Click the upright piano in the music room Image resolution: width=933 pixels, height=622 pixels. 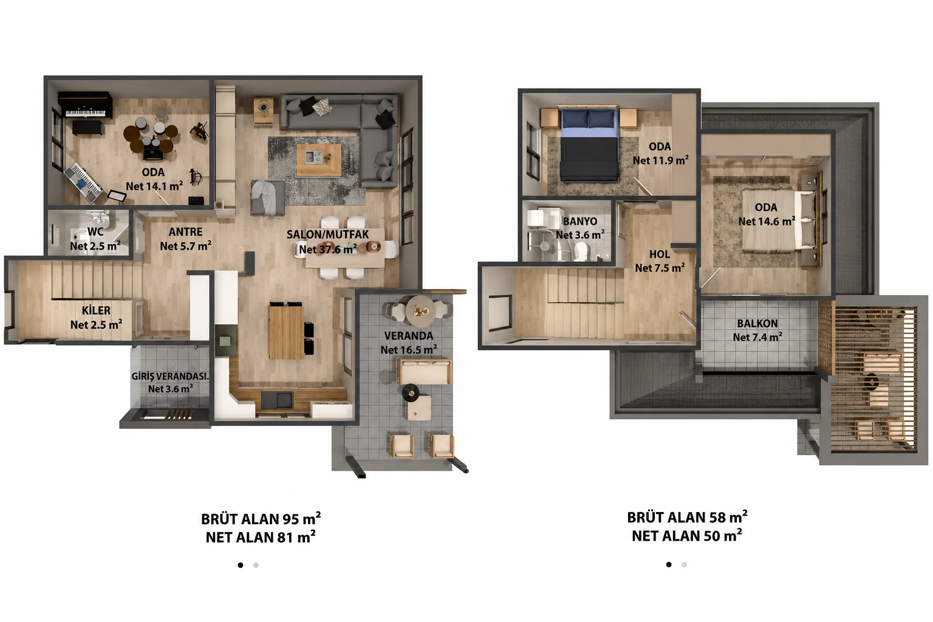tap(85, 105)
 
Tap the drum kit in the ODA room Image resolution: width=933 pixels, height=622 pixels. tap(151, 137)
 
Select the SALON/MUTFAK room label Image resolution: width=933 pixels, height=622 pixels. tap(327, 234)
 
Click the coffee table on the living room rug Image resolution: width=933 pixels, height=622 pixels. tap(319, 160)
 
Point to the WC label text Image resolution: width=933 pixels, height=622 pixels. tap(95, 231)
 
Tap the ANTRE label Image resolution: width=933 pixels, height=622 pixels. tap(185, 231)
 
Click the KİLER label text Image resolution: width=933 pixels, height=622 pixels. tap(96, 310)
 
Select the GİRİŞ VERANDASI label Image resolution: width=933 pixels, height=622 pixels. tap(170, 376)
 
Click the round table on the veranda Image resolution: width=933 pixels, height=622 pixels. tap(420, 311)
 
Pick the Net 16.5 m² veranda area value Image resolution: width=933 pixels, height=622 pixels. tap(409, 350)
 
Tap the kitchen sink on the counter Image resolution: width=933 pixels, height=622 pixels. tap(277, 400)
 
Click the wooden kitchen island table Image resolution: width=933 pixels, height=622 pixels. tap(286, 331)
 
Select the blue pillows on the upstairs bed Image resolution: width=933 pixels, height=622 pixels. tap(588, 118)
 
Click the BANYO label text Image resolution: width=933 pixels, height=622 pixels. tap(580, 221)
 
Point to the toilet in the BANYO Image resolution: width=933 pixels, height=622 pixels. tap(581, 251)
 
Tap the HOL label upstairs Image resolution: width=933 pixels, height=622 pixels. tap(659, 254)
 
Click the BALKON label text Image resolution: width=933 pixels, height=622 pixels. tap(757, 324)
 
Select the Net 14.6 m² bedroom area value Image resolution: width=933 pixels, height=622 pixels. tap(767, 221)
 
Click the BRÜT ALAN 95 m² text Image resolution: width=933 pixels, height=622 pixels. tap(261, 519)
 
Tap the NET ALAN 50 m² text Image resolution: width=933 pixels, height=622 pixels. tap(687, 535)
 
